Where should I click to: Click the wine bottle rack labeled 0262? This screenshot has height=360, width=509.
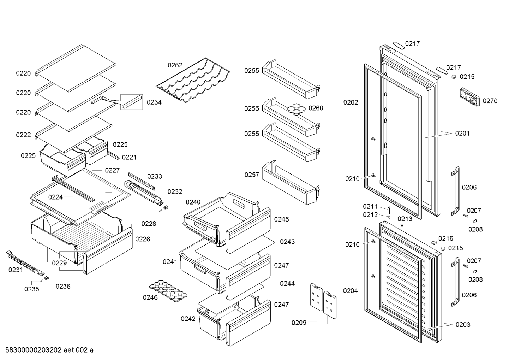pos(193,80)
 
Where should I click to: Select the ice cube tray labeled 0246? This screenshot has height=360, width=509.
pos(168,291)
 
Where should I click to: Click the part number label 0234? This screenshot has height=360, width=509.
pos(154,102)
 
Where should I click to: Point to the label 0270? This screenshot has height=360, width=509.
pos(490,101)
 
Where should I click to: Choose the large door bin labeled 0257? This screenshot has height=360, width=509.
pos(291,182)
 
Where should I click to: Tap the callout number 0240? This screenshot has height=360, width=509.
pos(193,202)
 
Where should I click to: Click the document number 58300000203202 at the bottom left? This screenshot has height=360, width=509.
pos(34,350)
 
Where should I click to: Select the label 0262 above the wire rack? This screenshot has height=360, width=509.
pos(175,65)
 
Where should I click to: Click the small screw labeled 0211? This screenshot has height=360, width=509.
pos(389,210)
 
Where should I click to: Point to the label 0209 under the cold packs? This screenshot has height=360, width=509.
pos(299,323)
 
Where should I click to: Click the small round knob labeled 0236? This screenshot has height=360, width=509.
pos(47,278)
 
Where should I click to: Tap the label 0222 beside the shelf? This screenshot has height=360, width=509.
pos(23,135)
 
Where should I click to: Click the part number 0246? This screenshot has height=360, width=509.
pos(150,297)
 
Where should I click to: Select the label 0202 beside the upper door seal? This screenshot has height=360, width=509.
pos(351,102)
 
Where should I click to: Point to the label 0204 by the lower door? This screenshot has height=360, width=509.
pos(351,291)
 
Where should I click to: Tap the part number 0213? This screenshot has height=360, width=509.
pos(405,219)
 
